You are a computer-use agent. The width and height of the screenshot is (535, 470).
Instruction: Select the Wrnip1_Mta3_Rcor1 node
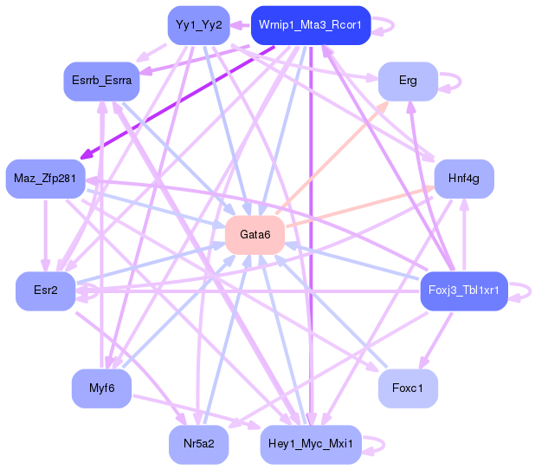pyautogui.click(x=310, y=25)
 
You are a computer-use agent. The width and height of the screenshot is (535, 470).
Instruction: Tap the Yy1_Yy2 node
pyautogui.click(x=198, y=25)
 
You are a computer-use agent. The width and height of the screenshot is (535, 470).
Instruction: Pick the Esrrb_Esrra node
pyautogui.click(x=102, y=81)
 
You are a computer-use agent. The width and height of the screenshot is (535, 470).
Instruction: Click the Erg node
pyautogui.click(x=407, y=81)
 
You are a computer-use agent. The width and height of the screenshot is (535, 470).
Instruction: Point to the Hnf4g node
pyautogui.click(x=463, y=180)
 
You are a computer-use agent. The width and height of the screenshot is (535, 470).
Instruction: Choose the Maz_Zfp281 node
pyautogui.click(x=44, y=180)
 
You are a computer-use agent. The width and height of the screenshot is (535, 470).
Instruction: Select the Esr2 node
pyautogui.click(x=45, y=290)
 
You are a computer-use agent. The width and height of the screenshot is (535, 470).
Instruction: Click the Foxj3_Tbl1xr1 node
pyautogui.click(x=463, y=290)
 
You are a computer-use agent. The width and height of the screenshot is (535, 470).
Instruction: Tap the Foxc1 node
pyautogui.click(x=408, y=388)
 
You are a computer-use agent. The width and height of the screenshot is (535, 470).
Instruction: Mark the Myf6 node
pyautogui.click(x=101, y=388)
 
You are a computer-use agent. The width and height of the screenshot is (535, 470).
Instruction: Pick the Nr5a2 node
pyautogui.click(x=198, y=444)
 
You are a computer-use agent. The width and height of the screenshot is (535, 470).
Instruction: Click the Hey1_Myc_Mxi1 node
pyautogui.click(x=310, y=444)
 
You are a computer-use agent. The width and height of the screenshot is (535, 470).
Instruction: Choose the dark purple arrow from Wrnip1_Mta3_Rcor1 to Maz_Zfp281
pyautogui.click(x=173, y=103)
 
